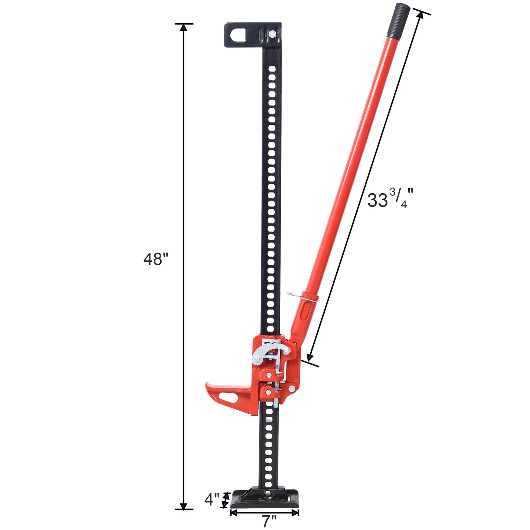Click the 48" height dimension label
156,259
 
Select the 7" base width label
270,522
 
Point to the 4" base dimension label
212,500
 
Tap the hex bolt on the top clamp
272,34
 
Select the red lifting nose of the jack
229,396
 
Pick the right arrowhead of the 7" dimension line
296,513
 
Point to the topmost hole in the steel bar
272,68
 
